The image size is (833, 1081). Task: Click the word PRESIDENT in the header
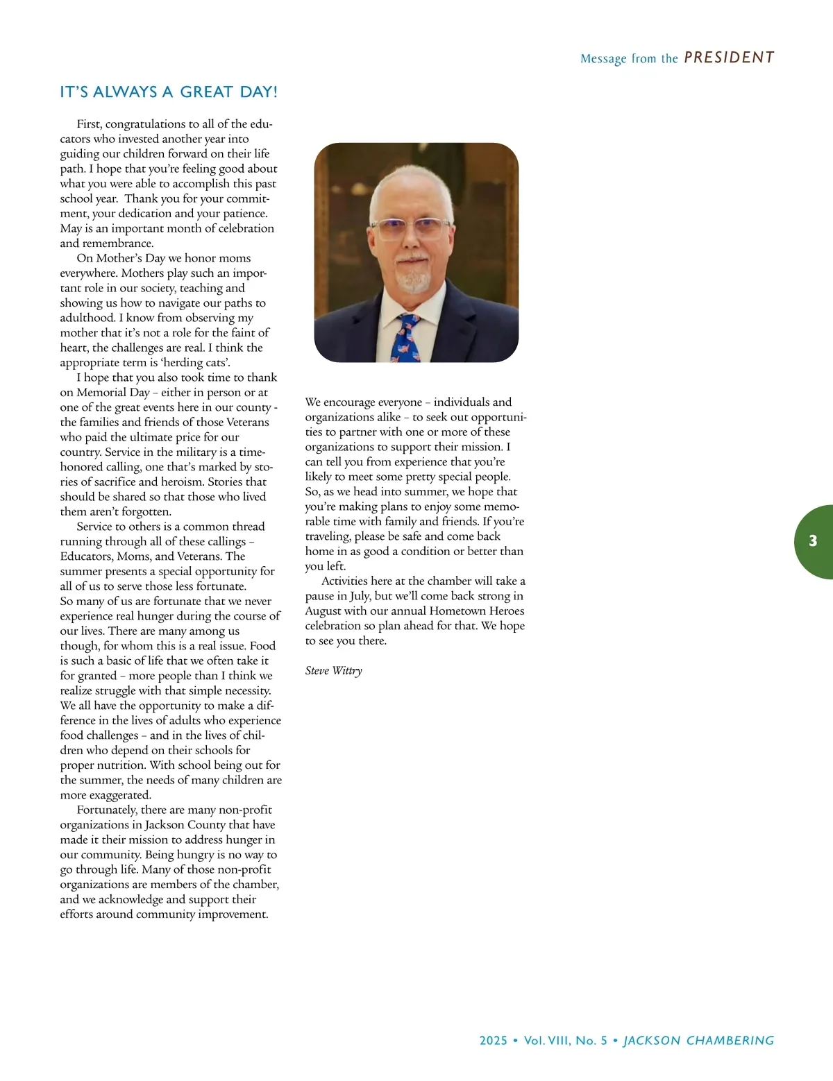coord(729,58)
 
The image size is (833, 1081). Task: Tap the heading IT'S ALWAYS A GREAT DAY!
coord(169,92)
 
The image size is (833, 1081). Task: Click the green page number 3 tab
coord(813,541)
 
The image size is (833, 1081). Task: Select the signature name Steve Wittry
coord(333,670)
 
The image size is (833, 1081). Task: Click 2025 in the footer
coord(494,1041)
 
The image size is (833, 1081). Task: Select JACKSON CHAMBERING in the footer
coord(698,1041)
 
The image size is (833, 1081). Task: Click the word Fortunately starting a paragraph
coord(107,810)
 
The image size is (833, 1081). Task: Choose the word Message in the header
coord(603,59)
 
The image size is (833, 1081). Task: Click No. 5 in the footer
coord(591,1041)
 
